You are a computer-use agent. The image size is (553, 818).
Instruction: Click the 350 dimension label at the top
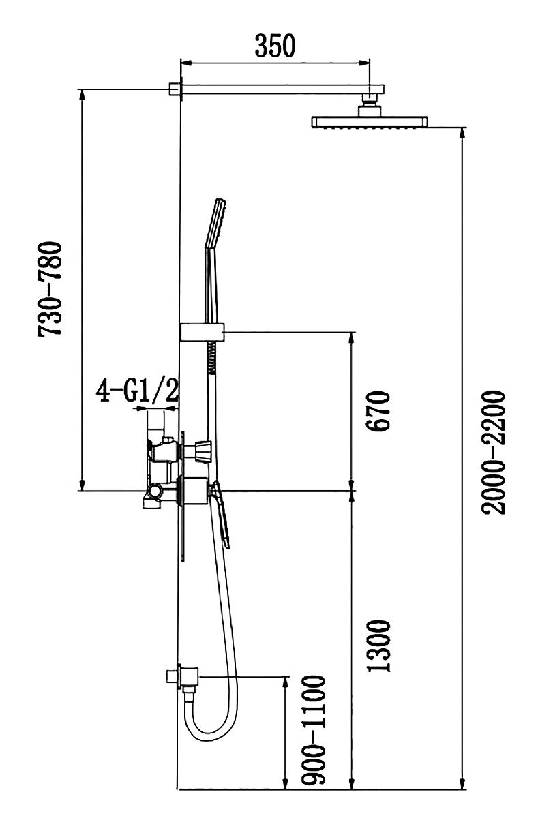[275, 46]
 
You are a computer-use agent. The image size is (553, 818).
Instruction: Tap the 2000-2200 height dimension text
[492, 453]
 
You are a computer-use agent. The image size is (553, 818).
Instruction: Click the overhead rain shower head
[369, 122]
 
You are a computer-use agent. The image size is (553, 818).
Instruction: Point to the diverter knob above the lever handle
[202, 451]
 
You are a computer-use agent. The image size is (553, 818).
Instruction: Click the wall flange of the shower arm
[175, 89]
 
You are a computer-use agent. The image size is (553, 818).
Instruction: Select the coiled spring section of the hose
[211, 358]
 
